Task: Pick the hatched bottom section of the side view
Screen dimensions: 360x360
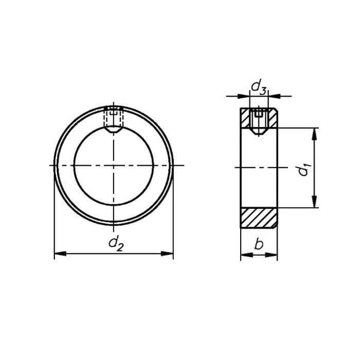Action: pyautogui.click(x=259, y=218)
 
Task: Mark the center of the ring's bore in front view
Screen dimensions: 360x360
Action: pyautogui.click(x=113, y=165)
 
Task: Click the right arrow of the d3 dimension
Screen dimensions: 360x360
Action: pyautogui.click(x=273, y=96)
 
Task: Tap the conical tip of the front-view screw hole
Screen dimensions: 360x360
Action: pyautogui.click(x=113, y=131)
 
